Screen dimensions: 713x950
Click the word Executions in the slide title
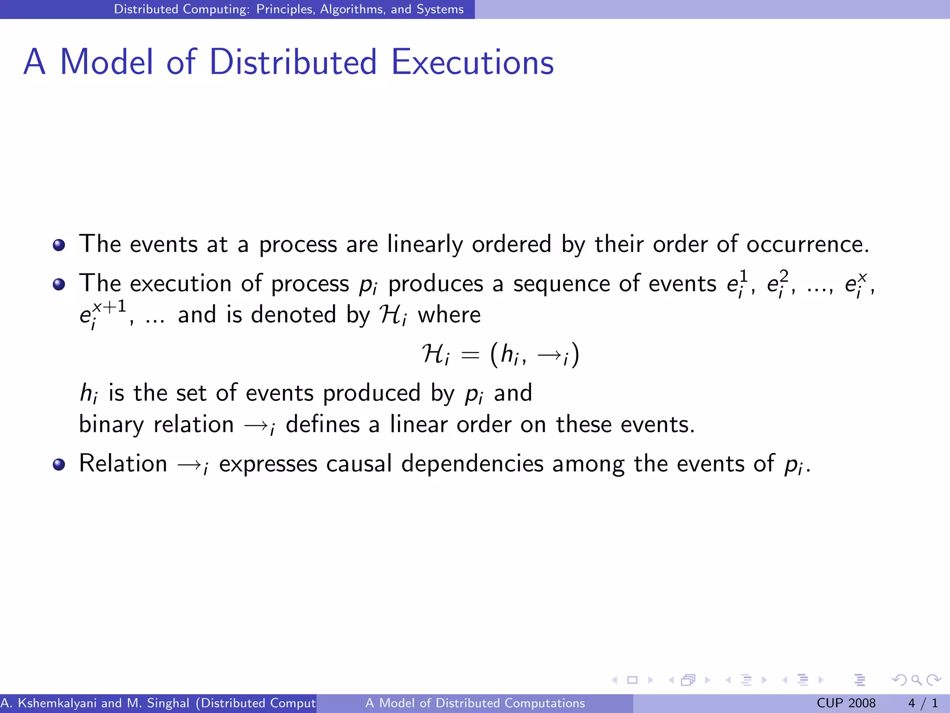point(472,62)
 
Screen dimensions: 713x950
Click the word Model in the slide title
point(106,62)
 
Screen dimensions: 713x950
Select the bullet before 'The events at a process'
point(59,245)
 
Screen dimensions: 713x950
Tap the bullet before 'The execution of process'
point(59,284)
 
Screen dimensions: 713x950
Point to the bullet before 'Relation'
point(59,464)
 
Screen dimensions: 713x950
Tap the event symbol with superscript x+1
point(103,314)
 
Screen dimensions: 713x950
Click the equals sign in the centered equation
point(470,356)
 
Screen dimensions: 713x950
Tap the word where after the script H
point(449,315)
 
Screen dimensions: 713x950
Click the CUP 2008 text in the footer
point(846,703)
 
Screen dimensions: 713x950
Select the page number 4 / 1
point(923,703)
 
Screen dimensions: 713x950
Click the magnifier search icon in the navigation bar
point(916,680)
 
